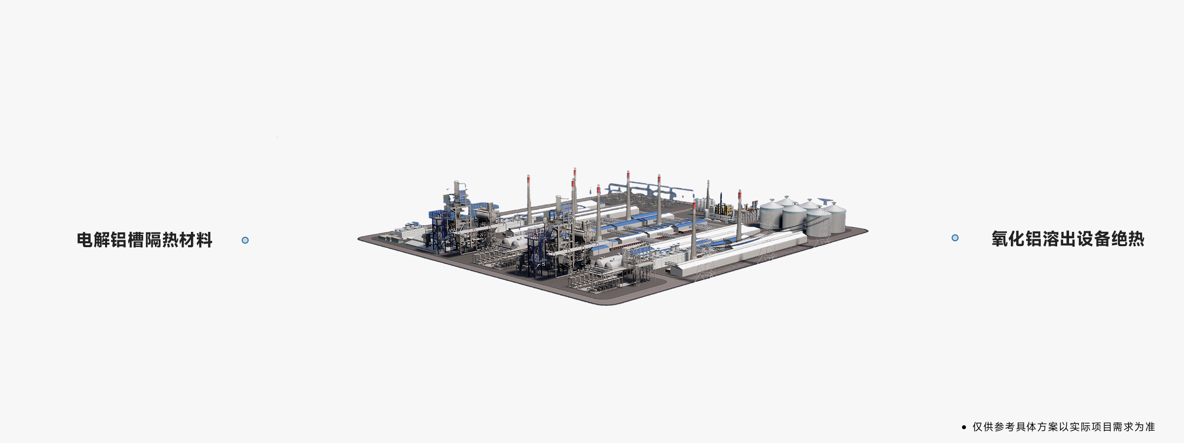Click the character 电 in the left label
pos(85,240)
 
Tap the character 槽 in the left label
pos(136,240)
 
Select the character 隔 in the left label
pos(153,240)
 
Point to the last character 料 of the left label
pos(204,240)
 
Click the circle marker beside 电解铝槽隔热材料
pos(245,240)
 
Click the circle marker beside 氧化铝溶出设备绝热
pos(955,238)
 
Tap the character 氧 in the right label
pos(1000,239)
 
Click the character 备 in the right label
pos(1102,239)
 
